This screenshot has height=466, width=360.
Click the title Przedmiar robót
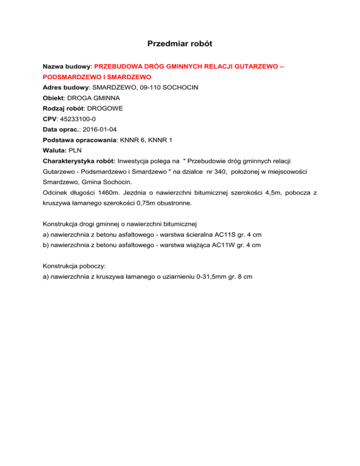click(x=180, y=44)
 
